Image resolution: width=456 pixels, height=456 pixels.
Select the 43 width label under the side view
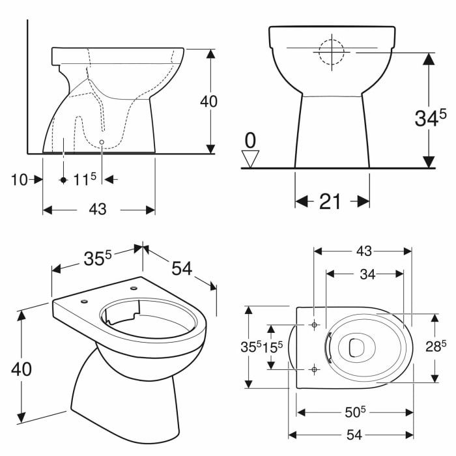(x=97, y=209)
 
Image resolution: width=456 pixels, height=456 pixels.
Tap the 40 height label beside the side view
(x=208, y=101)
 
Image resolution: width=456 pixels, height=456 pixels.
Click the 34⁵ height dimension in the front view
(x=431, y=117)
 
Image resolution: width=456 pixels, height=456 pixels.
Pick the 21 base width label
(x=331, y=202)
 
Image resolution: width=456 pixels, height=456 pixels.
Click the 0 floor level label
(x=250, y=139)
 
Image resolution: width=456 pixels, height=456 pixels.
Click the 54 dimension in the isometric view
(x=182, y=267)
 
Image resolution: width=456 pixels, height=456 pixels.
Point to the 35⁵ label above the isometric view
(x=98, y=259)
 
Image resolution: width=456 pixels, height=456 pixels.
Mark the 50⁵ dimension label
(x=356, y=412)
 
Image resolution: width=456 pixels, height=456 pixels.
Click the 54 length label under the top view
(x=355, y=435)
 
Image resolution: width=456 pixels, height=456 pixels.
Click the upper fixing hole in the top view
(x=314, y=324)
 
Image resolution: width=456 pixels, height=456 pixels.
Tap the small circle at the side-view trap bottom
(x=103, y=140)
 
